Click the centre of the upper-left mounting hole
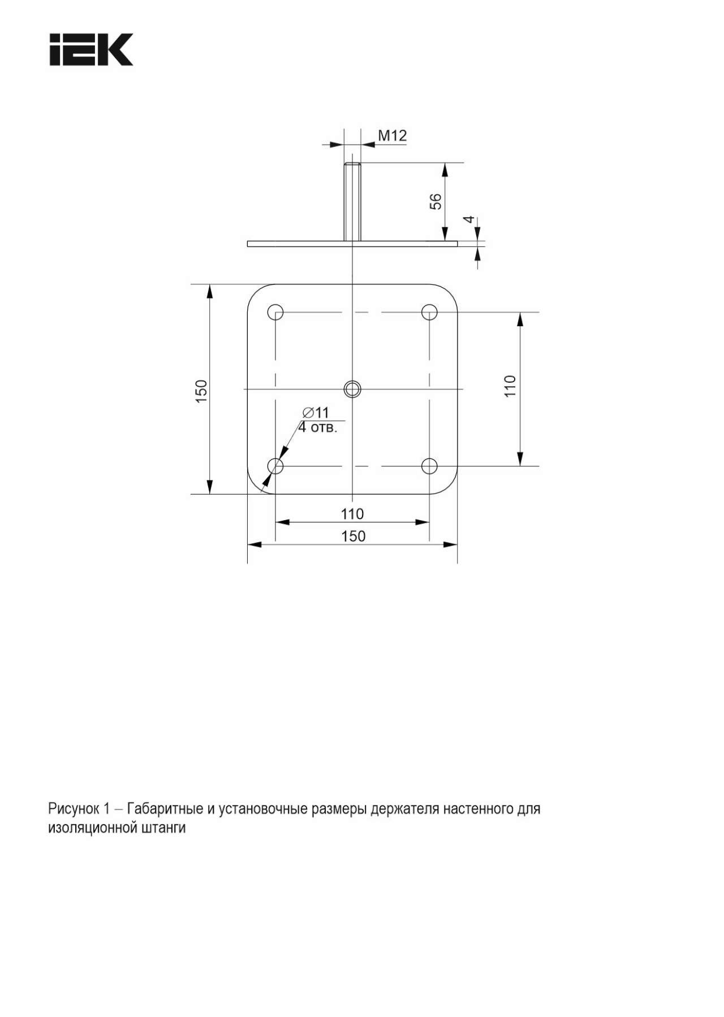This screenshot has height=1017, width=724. [x=275, y=311]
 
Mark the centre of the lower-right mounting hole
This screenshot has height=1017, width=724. [x=430, y=466]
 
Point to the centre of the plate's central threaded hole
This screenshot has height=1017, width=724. [x=352, y=388]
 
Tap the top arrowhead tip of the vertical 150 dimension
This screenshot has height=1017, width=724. [x=210, y=284]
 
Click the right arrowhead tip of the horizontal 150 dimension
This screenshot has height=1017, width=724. [x=457, y=544]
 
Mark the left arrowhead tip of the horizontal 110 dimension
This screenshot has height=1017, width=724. [x=275, y=522]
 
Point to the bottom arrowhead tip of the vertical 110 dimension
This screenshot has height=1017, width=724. [x=520, y=466]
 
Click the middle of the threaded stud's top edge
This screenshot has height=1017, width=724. [x=352, y=163]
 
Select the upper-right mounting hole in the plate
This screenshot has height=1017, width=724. [x=430, y=311]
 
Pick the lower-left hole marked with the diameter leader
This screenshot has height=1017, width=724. [x=275, y=466]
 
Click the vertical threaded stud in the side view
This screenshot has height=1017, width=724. [x=352, y=202]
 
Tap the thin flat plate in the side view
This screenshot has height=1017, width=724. [x=352, y=244]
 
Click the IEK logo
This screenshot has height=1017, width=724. [x=91, y=50]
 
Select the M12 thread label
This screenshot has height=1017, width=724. [x=392, y=136]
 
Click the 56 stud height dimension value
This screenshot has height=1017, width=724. [x=436, y=201]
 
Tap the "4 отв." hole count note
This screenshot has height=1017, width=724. [x=318, y=427]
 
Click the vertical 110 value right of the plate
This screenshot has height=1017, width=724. [x=510, y=386]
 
